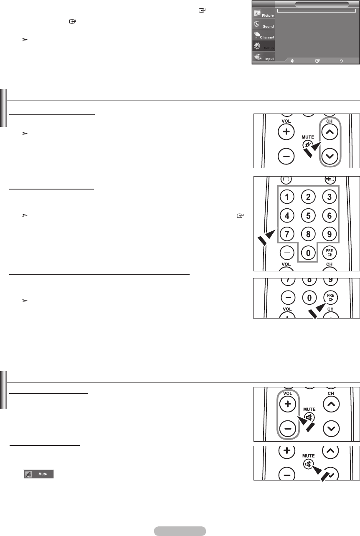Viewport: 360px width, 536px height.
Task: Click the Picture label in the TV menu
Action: click(x=268, y=15)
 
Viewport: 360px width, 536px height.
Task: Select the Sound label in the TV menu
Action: click(x=268, y=26)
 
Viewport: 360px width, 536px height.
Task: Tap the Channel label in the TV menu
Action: click(x=266, y=37)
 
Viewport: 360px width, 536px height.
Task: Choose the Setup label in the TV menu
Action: click(x=269, y=48)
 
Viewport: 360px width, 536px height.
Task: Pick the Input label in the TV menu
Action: click(x=269, y=59)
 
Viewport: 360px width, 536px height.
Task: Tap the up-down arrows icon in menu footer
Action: click(x=292, y=61)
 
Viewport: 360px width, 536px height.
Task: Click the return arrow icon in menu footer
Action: click(x=341, y=61)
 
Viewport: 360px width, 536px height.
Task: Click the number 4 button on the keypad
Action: click(x=287, y=216)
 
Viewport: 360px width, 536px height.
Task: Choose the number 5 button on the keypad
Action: click(x=308, y=216)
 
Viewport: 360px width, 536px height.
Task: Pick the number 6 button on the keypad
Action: click(x=329, y=216)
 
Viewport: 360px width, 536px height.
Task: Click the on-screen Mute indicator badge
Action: click(x=39, y=474)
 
